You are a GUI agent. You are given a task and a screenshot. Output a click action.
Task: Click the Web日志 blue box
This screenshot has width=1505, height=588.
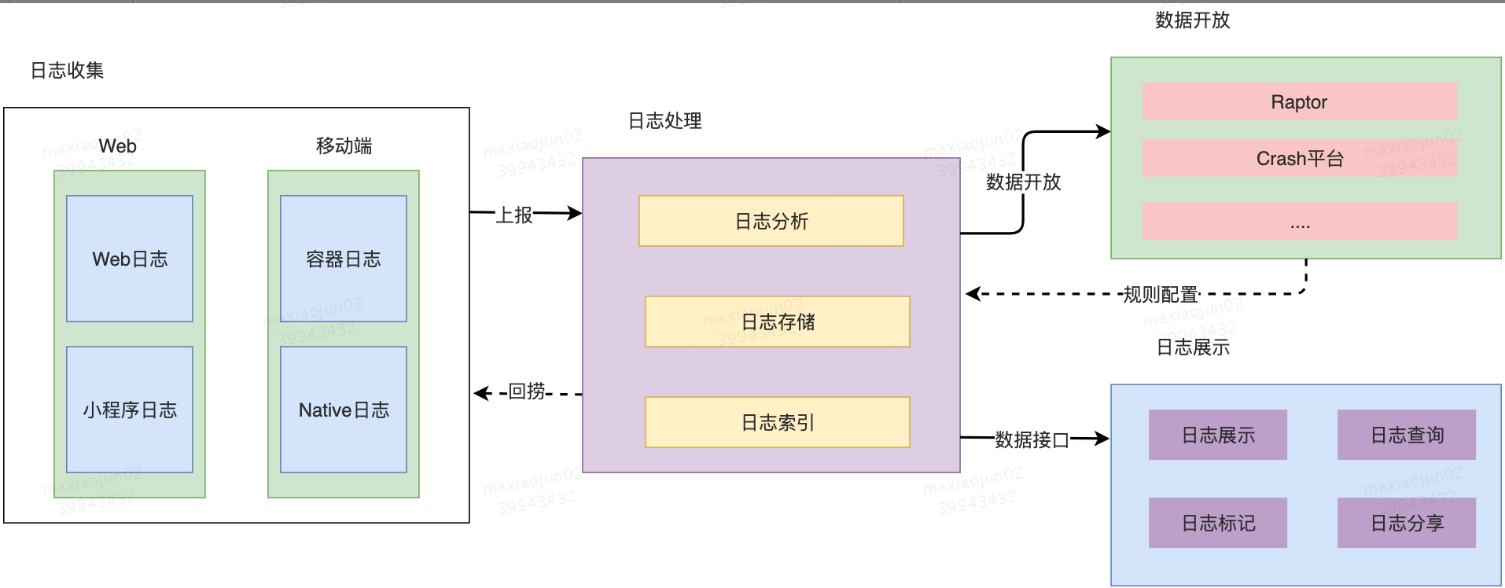130,259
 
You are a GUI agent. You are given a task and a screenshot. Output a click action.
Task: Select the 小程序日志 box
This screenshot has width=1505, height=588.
130,410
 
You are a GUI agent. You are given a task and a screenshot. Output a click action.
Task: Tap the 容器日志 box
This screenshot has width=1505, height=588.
344,259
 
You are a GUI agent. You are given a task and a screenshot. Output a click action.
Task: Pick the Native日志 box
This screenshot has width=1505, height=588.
344,410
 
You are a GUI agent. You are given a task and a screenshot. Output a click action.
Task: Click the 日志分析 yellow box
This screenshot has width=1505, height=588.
771,221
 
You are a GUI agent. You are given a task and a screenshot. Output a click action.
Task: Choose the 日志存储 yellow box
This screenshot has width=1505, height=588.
777,322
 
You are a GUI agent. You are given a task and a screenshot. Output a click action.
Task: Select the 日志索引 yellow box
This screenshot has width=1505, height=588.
777,422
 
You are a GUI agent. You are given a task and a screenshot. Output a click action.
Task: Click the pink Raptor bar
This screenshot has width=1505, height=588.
1299,101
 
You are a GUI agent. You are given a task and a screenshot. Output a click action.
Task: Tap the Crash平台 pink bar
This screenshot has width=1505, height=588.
1299,158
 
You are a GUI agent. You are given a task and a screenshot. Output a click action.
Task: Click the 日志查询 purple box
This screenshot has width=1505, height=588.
1406,435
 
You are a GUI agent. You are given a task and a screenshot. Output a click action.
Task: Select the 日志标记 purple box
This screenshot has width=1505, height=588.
1217,523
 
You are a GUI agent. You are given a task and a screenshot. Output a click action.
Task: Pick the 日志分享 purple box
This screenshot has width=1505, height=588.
1406,523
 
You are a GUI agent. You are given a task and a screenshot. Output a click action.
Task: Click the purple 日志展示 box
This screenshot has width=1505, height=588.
1217,435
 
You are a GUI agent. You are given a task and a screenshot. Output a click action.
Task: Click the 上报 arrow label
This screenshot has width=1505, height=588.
514,215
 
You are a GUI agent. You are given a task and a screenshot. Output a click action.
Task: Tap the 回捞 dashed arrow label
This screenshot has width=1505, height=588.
527,391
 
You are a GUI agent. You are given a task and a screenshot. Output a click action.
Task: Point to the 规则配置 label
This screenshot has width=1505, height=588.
1160,295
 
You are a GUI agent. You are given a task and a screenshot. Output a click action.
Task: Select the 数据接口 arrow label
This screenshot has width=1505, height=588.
1032,439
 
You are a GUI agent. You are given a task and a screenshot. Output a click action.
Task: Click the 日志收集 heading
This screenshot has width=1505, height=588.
67,70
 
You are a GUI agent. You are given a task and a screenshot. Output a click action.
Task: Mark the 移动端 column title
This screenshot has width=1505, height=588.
344,145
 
